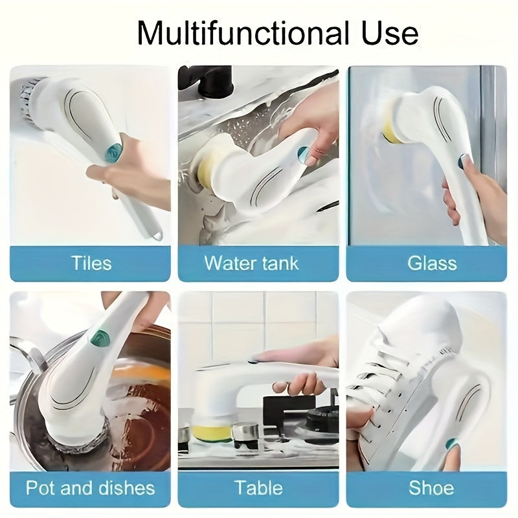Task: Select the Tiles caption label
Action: pos(91,264)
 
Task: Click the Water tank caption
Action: pos(252,264)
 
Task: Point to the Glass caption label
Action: pos(432,264)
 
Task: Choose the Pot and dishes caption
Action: pos(91,488)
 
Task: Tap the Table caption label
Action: pos(259,488)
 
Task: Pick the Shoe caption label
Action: pos(431,488)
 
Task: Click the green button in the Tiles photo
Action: pos(114,152)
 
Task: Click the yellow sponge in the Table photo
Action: pos(212,430)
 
